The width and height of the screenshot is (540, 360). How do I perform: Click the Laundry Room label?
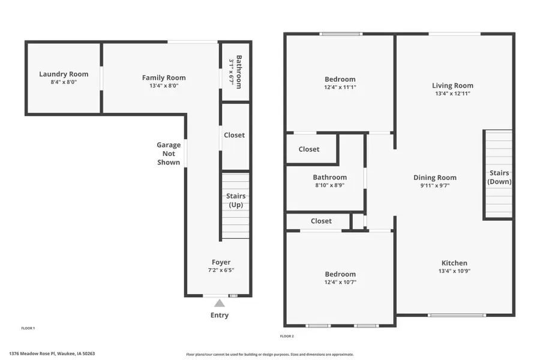pos(64,74)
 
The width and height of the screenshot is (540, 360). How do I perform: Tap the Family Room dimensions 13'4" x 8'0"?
pos(164,86)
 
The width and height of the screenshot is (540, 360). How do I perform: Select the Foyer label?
pos(221,262)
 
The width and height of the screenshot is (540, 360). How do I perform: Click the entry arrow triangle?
pos(220,303)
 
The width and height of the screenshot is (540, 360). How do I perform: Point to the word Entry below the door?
pos(220,315)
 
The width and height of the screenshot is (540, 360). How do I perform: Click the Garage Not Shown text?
pos(169,154)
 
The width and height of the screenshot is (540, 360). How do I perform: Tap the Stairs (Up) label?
pos(236,200)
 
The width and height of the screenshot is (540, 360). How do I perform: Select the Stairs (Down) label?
pos(499,177)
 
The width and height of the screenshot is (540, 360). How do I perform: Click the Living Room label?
pos(452,86)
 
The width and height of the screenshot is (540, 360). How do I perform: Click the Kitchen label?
pos(454,263)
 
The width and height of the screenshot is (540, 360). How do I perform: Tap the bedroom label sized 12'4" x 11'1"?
pos(340,79)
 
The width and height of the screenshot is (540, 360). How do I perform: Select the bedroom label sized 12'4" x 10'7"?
pos(340,274)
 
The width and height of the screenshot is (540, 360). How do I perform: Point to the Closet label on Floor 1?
pos(234,135)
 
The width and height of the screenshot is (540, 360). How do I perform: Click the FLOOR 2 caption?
pos(287,336)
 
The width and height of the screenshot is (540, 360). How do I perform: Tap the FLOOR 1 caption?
pos(28,328)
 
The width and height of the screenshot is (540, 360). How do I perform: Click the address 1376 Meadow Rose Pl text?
pos(52,354)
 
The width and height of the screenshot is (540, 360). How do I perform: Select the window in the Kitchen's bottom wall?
pos(457,315)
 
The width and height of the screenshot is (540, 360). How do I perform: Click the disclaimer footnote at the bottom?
pos(270,354)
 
